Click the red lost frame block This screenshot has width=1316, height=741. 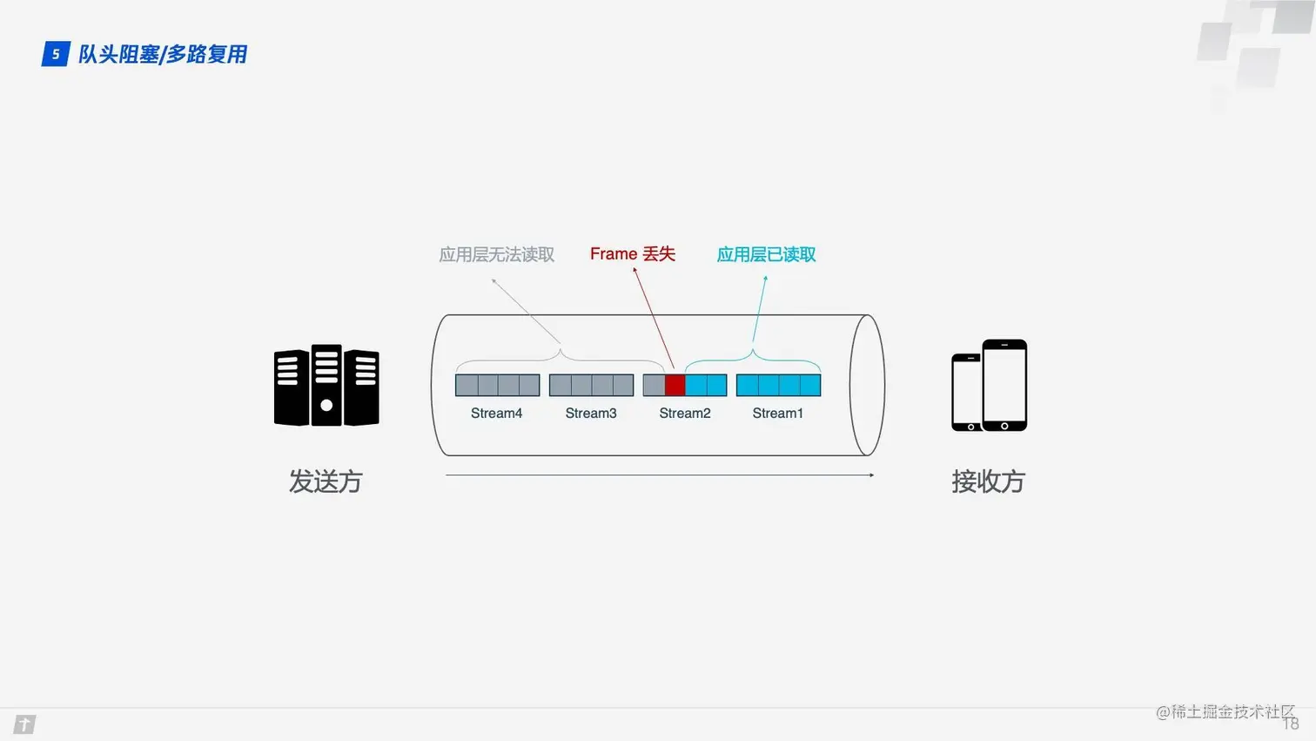pyautogui.click(x=675, y=385)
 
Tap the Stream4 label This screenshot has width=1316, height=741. pyautogui.click(x=496, y=414)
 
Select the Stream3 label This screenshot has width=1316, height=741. pyautogui.click(x=591, y=414)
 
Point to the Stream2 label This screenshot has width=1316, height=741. pyautogui.click(x=685, y=414)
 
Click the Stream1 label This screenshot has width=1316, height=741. pyautogui.click(x=777, y=414)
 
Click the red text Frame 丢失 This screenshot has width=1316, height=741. pyautogui.click(x=633, y=254)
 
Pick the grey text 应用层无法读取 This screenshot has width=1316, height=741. pyautogui.click(x=496, y=255)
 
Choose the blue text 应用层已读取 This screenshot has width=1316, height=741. pyautogui.click(x=766, y=255)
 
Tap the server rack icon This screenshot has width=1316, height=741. pyautogui.click(x=326, y=386)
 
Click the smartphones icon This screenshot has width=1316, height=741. pyautogui.click(x=990, y=386)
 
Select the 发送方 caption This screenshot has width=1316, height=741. pyautogui.click(x=326, y=482)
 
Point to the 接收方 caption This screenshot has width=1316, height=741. pyautogui.click(x=988, y=482)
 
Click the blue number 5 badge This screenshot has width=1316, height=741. pyautogui.click(x=56, y=54)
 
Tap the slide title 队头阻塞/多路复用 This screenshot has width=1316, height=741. pyautogui.click(x=163, y=54)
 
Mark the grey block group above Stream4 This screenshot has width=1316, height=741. pyautogui.click(x=497, y=385)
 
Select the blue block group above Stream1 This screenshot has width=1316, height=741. pyautogui.click(x=778, y=385)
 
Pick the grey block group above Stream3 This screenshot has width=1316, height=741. pyautogui.click(x=591, y=385)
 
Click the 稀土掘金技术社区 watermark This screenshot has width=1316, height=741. pyautogui.click(x=1225, y=712)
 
